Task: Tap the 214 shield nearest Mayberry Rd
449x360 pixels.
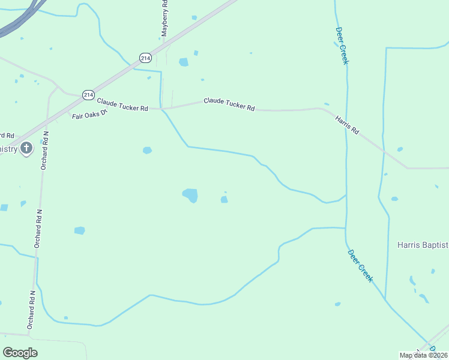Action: coord(145,58)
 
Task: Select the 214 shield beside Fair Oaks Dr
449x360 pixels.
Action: coord(89,95)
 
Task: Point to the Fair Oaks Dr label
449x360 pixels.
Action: coord(89,113)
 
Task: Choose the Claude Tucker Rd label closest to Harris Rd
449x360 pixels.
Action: coord(229,104)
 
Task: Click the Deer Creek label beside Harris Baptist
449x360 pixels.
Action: coord(360,266)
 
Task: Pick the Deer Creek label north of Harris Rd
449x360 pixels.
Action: coord(342,46)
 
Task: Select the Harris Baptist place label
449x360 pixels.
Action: coord(423,245)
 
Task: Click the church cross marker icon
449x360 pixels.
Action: coord(26,148)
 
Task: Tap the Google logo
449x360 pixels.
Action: coord(20,353)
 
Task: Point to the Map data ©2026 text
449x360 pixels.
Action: coord(424,355)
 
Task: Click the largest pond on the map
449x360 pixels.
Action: coord(190,195)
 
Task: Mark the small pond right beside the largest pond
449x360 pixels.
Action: coord(224,199)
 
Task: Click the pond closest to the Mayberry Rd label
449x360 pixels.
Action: coord(183,62)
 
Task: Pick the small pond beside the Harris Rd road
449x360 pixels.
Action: coord(400,149)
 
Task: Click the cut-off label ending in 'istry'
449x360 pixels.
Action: coord(8,149)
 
